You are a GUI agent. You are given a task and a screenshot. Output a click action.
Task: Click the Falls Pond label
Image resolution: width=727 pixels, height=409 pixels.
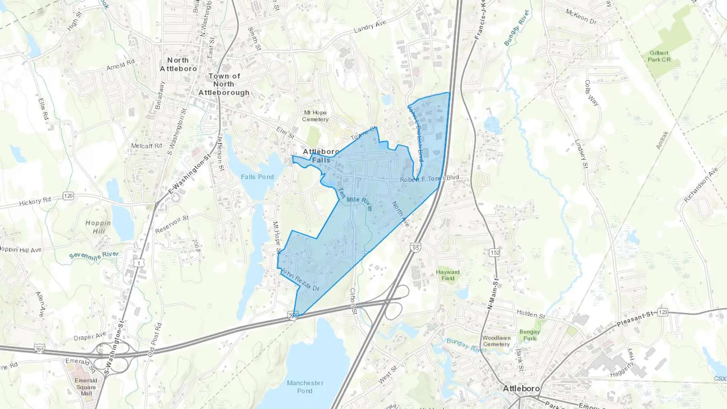(257, 177)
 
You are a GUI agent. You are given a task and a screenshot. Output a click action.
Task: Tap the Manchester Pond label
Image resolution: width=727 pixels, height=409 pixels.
(305, 387)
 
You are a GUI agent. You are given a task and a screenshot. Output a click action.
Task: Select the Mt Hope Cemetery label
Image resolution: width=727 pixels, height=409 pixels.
(315, 116)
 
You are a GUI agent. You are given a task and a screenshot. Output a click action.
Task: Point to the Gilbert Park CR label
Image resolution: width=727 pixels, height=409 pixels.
(659, 56)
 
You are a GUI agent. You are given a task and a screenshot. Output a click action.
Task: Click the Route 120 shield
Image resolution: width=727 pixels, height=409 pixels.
(68, 196)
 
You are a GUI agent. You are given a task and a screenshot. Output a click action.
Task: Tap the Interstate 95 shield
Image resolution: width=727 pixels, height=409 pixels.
(416, 247)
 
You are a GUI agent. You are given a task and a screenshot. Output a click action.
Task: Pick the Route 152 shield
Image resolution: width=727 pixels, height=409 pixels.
(495, 252)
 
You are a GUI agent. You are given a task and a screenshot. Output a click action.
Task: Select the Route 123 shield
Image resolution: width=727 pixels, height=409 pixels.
(662, 312)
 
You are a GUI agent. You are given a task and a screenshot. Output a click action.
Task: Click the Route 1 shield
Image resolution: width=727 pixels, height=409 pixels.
(139, 263)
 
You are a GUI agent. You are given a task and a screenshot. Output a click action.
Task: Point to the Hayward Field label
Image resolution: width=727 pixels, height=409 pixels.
(448, 275)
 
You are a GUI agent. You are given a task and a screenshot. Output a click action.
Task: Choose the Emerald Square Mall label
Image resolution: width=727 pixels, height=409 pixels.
(86, 387)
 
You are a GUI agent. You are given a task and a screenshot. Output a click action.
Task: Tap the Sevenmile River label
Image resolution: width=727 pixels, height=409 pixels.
(94, 255)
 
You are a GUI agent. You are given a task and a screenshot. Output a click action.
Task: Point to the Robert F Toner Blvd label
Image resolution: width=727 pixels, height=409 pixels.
(429, 178)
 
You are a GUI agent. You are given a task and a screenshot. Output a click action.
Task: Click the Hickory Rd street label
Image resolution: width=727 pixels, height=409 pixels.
(35, 201)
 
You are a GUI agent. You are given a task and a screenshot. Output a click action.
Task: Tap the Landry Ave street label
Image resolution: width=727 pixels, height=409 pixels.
(370, 27)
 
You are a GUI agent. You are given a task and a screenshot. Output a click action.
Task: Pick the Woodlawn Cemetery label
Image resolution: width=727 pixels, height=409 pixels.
(496, 341)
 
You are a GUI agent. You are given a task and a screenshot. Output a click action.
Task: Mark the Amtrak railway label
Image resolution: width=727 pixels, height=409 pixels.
(662, 140)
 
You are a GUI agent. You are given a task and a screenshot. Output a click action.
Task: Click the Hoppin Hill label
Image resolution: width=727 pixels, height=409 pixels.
(98, 227)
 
